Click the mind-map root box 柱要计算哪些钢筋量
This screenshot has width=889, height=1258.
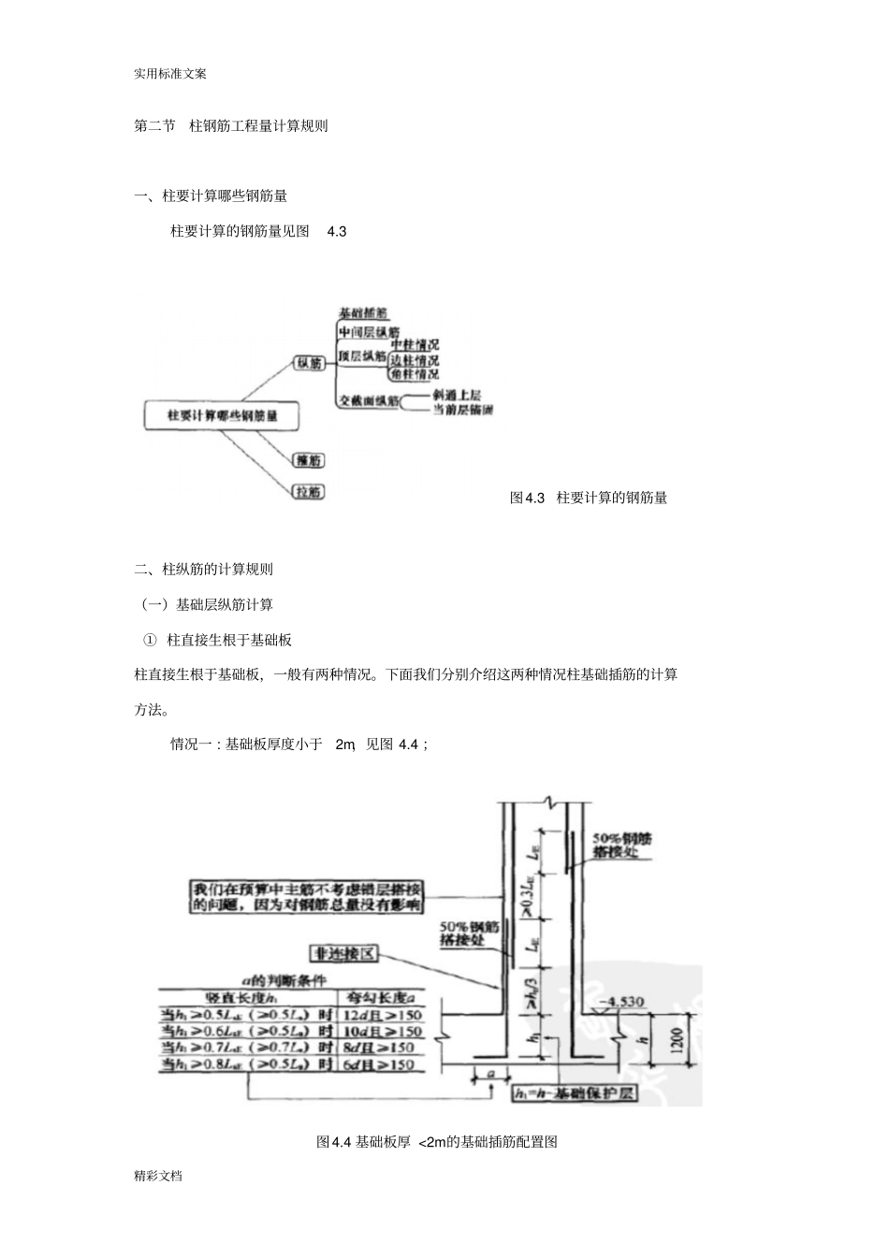click(222, 415)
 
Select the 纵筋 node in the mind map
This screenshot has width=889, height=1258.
click(309, 363)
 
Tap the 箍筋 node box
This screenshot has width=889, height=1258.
click(308, 460)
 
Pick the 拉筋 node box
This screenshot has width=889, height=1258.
click(308, 491)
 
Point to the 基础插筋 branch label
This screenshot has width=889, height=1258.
click(363, 313)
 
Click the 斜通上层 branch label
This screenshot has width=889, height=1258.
click(457, 395)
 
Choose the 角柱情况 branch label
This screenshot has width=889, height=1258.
click(414, 374)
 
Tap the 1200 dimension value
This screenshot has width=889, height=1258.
click(678, 1038)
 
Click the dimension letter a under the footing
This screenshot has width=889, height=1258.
click(490, 1075)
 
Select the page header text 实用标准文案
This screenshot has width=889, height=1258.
click(170, 74)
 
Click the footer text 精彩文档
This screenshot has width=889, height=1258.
click(158, 1176)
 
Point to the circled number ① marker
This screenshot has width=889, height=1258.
click(149, 640)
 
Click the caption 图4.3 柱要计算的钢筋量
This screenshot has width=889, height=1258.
click(588, 498)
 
